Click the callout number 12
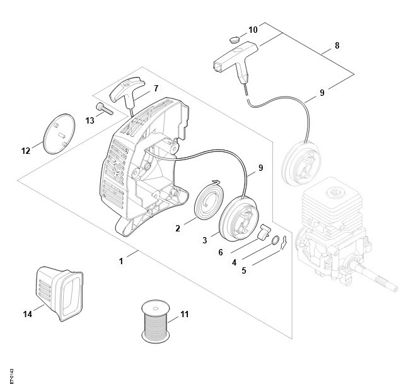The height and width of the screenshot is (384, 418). point(26,151)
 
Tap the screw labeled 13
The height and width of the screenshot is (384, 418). point(104,108)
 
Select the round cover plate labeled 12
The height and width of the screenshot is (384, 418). point(59,134)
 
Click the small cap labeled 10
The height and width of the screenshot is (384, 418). point(235,40)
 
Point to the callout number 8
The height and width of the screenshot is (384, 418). point(337,45)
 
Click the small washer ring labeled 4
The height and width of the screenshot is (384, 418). point(276,240)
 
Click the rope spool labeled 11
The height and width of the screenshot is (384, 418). point(156,322)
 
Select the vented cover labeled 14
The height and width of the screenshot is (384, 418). point(59,294)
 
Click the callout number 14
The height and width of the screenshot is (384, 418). point(28,314)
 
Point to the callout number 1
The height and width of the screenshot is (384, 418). point(121,261)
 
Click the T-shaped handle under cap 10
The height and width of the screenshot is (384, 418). point(236,60)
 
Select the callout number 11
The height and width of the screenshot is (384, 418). point(185,314)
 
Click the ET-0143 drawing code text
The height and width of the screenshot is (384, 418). point(12,376)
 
